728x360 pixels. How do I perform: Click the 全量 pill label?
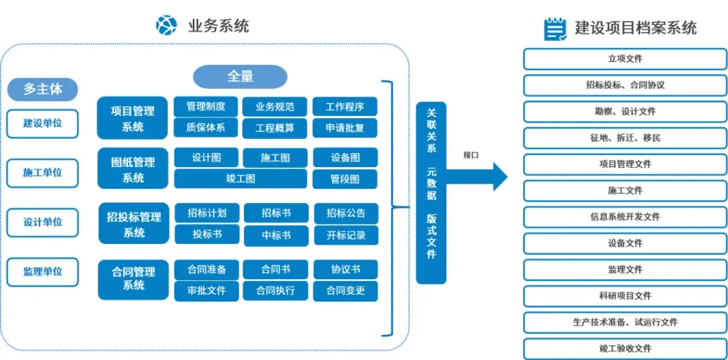point(240,77)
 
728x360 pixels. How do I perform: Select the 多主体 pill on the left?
point(42,89)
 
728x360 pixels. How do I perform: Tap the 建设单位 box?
point(42,123)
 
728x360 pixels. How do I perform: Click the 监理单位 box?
point(42,272)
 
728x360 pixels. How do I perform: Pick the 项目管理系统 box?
point(133,118)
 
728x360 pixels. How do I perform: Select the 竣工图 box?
point(240,179)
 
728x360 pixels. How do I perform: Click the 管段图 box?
point(344,179)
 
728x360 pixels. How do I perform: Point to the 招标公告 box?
point(346,213)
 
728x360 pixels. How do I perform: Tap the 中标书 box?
point(276,235)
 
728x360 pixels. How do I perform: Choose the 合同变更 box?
point(345,291)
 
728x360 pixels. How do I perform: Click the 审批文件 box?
point(206,291)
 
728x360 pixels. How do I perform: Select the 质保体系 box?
point(206,127)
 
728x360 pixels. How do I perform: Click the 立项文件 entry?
point(625,59)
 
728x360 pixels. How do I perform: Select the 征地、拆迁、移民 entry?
point(625,138)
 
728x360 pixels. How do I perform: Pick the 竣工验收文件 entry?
point(625,349)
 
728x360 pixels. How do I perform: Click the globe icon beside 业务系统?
point(166,26)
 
